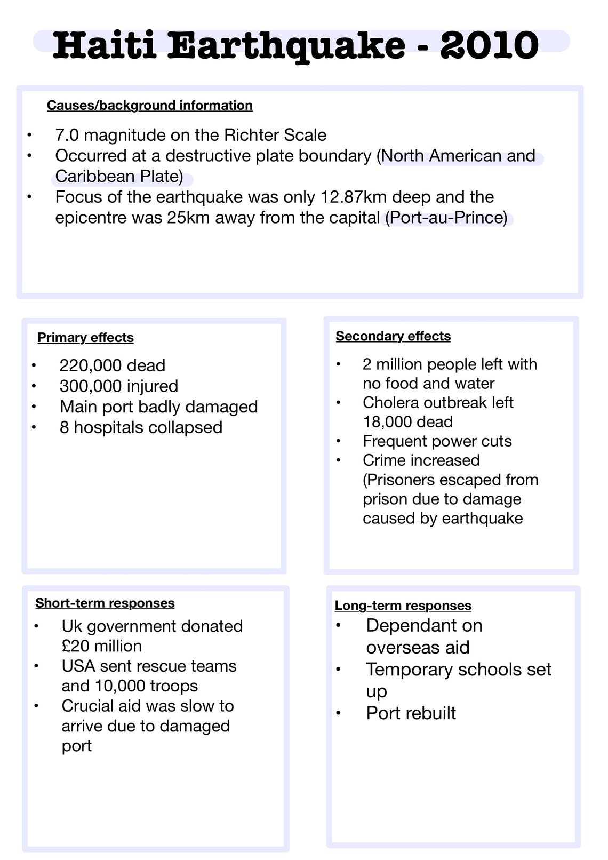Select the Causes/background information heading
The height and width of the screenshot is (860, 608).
(x=149, y=106)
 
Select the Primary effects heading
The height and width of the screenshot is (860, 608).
(x=85, y=338)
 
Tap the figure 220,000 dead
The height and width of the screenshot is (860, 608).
(x=112, y=365)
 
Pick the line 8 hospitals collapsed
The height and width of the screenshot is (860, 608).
(x=141, y=427)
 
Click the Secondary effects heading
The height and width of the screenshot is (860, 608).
(x=393, y=336)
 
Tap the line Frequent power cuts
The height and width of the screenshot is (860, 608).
(x=437, y=441)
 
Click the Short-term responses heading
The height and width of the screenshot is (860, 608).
(x=105, y=603)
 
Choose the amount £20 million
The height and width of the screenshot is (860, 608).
(x=101, y=646)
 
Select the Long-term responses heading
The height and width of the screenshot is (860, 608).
(x=403, y=606)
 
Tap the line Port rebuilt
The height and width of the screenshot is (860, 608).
(x=411, y=713)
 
